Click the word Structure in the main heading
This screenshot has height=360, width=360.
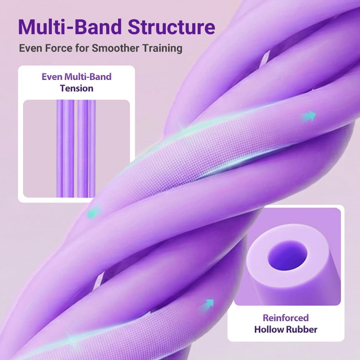171,27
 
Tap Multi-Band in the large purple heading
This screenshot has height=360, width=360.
70,27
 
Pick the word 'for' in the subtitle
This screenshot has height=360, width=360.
82,48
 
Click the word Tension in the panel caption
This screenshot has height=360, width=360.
77,89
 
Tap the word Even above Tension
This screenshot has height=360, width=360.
52,77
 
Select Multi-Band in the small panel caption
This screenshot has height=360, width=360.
88,77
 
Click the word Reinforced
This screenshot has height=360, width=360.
285,318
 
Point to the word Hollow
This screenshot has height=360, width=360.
269,329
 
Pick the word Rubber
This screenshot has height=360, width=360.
302,329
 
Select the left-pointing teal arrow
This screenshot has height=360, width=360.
94,212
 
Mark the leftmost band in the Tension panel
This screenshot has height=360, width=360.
59,148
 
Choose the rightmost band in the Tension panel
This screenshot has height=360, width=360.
92,148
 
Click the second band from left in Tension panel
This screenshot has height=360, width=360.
68,148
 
